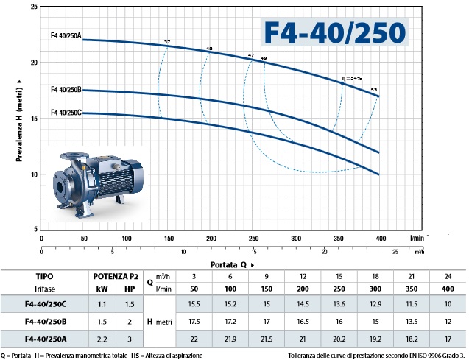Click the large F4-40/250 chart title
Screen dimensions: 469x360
(x=335, y=32)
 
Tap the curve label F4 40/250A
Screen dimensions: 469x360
(x=66, y=36)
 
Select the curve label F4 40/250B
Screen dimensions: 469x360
(x=66, y=89)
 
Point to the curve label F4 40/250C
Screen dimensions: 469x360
(x=66, y=113)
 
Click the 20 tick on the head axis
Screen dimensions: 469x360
(x=34, y=63)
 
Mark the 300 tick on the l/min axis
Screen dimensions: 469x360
(x=296, y=239)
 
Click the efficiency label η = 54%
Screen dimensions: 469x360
(x=352, y=78)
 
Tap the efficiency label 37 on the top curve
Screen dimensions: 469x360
(x=167, y=42)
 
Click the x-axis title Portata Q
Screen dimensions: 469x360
(x=228, y=265)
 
